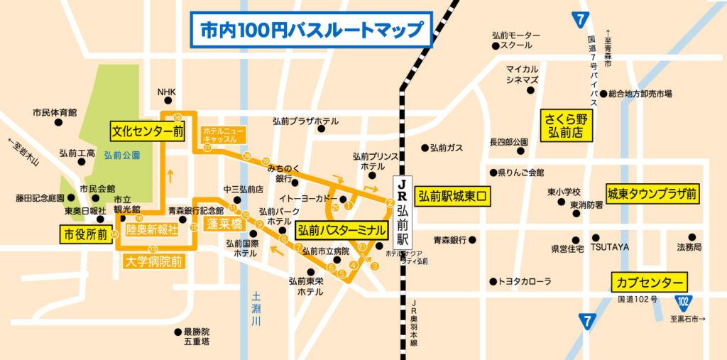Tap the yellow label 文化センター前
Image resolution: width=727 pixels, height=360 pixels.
(x=147, y=131)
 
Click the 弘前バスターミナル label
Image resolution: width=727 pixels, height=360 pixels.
(x=341, y=230)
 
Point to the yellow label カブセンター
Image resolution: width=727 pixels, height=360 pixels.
(x=649, y=281)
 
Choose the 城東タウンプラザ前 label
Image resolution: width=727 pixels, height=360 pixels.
(x=650, y=193)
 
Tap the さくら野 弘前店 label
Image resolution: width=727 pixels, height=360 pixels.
(x=568, y=125)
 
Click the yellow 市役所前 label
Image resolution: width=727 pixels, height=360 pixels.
(x=85, y=234)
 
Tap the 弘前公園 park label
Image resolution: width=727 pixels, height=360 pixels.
(x=121, y=154)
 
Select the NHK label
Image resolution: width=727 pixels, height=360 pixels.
(x=165, y=92)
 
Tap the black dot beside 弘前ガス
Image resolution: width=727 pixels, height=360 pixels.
(x=425, y=148)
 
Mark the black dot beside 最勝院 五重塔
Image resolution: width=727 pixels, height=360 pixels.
(x=177, y=332)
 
